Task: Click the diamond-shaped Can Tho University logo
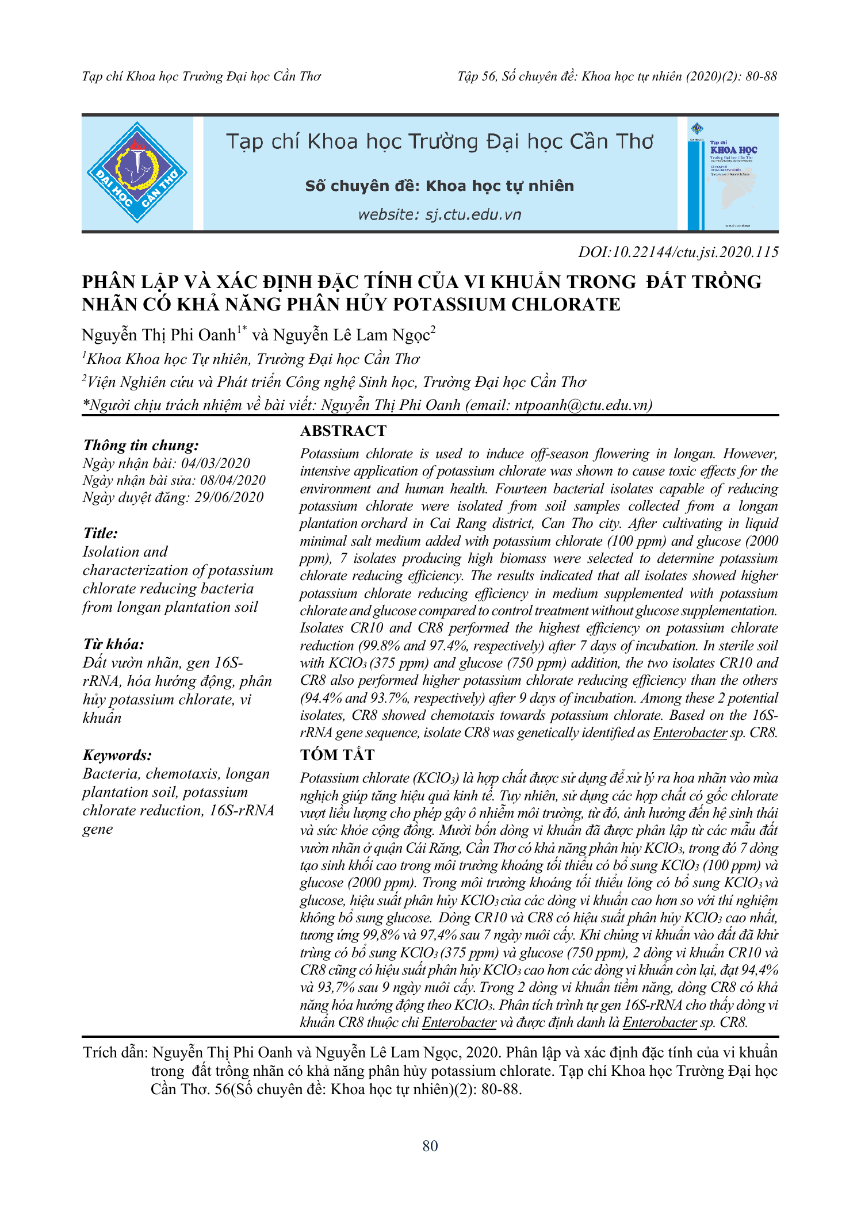pyautogui.click(x=137, y=172)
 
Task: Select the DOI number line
pyautogui.click(x=678, y=252)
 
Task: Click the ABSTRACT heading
pyautogui.click(x=343, y=431)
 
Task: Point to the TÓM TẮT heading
pyautogui.click(x=337, y=755)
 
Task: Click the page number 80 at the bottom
pyautogui.click(x=430, y=1146)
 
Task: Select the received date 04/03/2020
pyautogui.click(x=216, y=463)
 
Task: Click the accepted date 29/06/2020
pyautogui.click(x=229, y=497)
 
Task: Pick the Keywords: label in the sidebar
pyautogui.click(x=117, y=755)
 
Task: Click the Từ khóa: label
pyautogui.click(x=113, y=644)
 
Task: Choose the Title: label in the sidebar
pyautogui.click(x=101, y=533)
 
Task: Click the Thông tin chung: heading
pyautogui.click(x=141, y=445)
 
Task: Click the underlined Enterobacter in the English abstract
pyautogui.click(x=690, y=733)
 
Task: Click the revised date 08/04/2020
pyautogui.click(x=233, y=480)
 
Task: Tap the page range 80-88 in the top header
pyautogui.click(x=761, y=76)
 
